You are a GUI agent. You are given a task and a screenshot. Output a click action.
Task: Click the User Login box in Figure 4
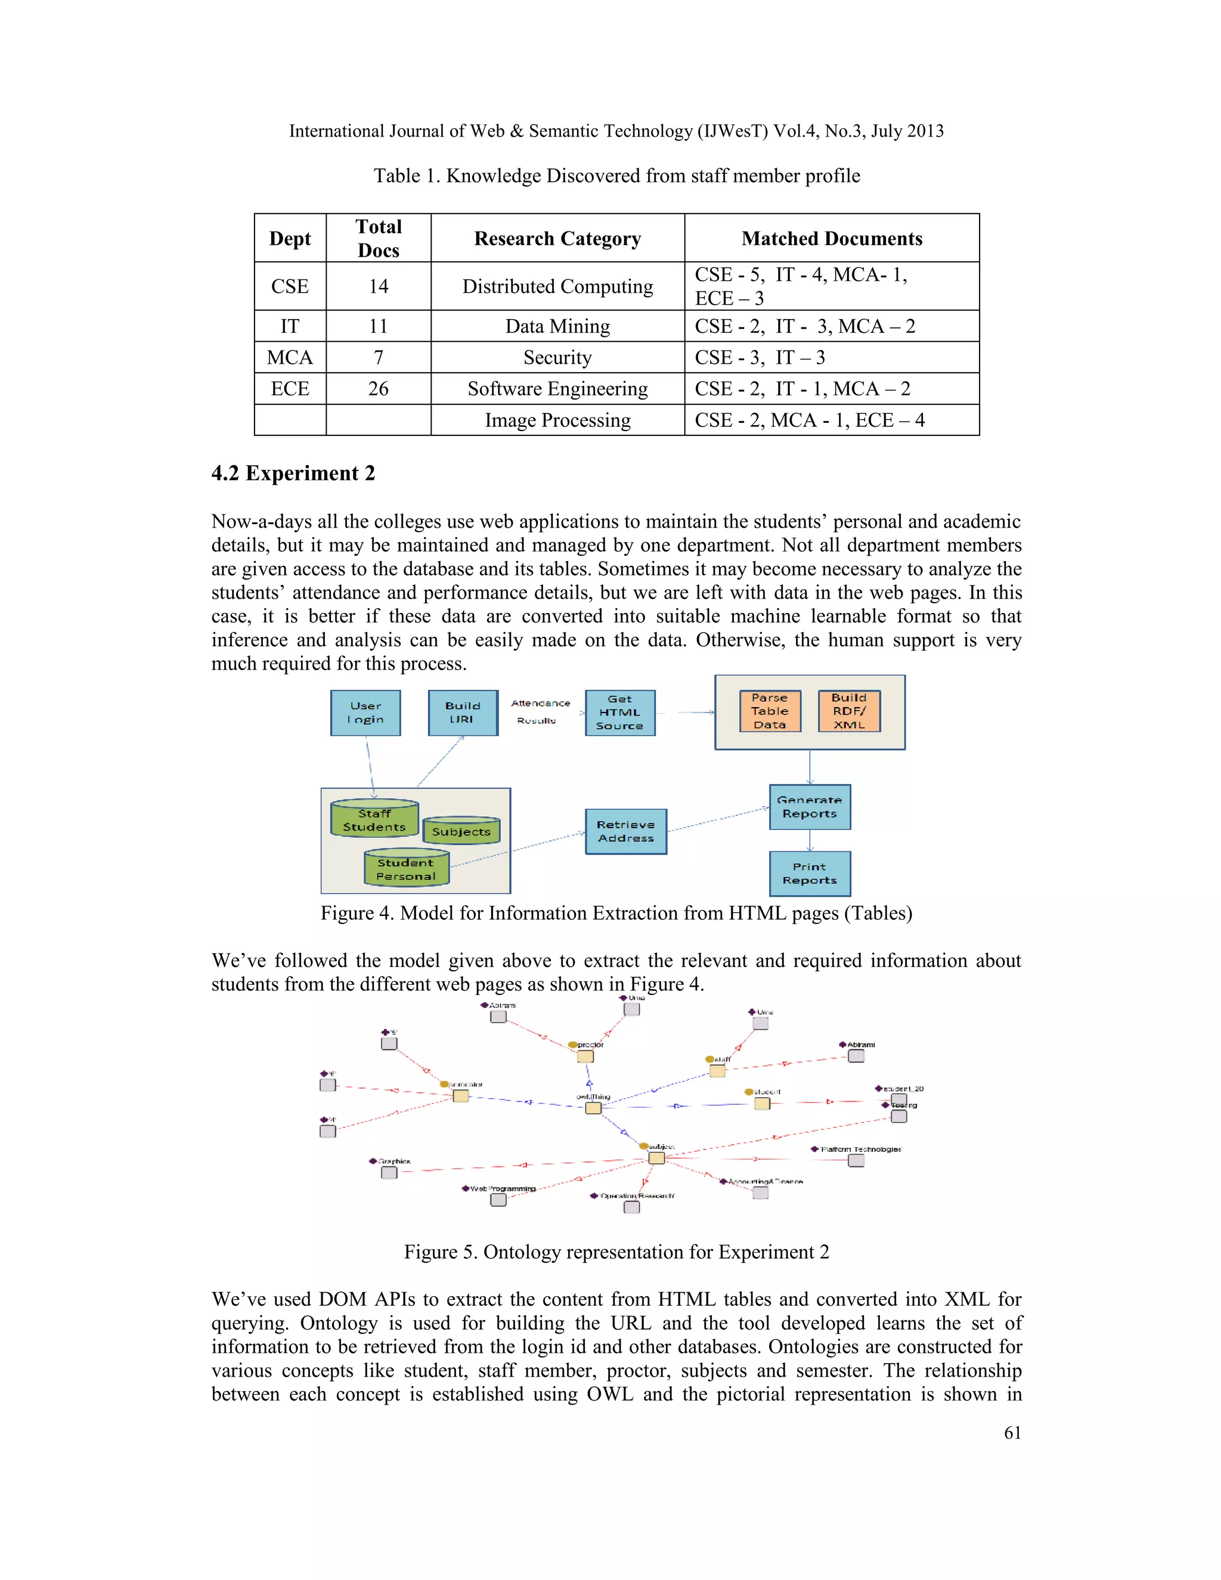click(365, 712)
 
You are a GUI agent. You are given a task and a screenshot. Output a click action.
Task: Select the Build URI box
click(463, 712)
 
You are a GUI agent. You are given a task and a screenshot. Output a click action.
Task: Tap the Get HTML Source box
click(620, 712)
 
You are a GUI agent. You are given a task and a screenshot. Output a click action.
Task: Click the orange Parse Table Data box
click(770, 711)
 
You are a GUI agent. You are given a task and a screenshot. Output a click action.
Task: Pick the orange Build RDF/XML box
click(849, 711)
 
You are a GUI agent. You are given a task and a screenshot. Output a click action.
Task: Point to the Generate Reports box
click(810, 807)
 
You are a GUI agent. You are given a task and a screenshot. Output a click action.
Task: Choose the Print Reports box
click(810, 873)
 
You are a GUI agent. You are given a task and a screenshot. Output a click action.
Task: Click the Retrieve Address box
click(625, 831)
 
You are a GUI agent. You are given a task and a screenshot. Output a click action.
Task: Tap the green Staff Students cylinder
click(374, 819)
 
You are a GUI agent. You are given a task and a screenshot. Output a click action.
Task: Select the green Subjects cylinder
click(461, 831)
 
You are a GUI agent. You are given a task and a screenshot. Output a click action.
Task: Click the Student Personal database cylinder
click(406, 868)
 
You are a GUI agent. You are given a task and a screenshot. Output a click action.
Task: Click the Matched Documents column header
click(832, 238)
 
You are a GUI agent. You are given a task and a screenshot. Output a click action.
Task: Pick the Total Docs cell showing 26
click(379, 389)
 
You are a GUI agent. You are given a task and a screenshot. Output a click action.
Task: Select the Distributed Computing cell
click(557, 286)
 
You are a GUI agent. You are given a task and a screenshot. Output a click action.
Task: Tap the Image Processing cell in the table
click(557, 420)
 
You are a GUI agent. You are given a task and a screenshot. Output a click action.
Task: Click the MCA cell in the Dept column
click(290, 357)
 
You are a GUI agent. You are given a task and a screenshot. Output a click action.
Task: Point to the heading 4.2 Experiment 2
click(293, 473)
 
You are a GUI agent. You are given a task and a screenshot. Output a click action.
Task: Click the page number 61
click(1012, 1432)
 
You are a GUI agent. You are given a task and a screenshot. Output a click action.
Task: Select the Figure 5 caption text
click(616, 1251)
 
